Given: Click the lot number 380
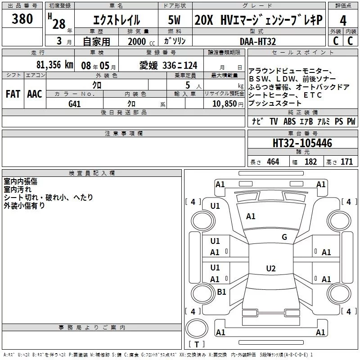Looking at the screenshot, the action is click(22, 19).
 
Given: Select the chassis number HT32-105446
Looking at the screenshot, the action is click(302, 144).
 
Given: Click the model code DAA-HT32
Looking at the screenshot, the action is click(258, 41).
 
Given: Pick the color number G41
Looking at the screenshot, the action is click(75, 103).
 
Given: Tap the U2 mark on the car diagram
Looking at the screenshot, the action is click(270, 269).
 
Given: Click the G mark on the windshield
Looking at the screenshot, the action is click(284, 237).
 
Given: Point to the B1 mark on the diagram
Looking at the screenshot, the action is click(221, 292).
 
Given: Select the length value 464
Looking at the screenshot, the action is click(273, 162).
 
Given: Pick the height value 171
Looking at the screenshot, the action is click(346, 162).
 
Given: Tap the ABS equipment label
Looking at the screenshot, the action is click(290, 121).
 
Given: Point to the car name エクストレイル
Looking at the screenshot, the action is click(117, 20).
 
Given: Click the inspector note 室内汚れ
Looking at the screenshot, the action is click(18, 189).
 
